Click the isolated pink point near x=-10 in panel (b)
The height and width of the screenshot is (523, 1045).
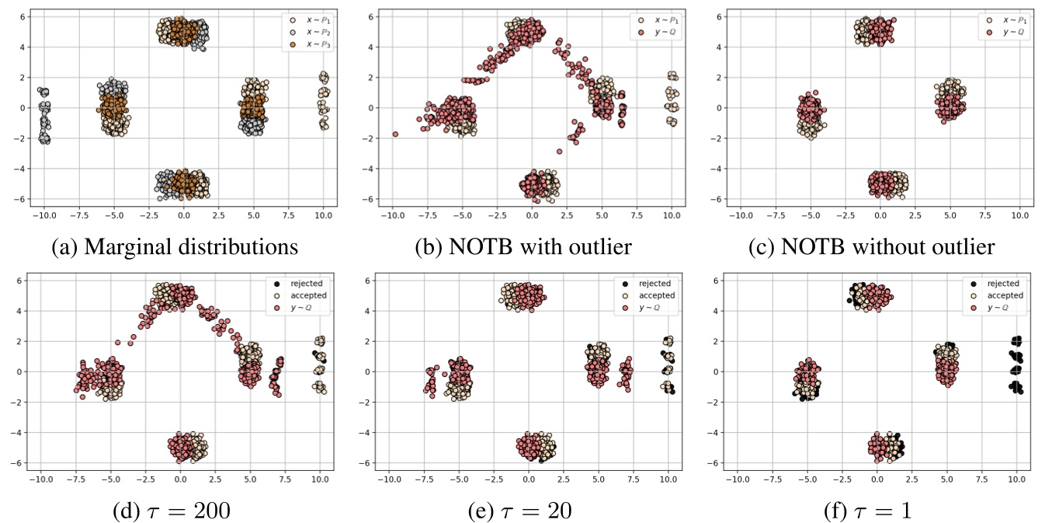(x=395, y=134)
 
